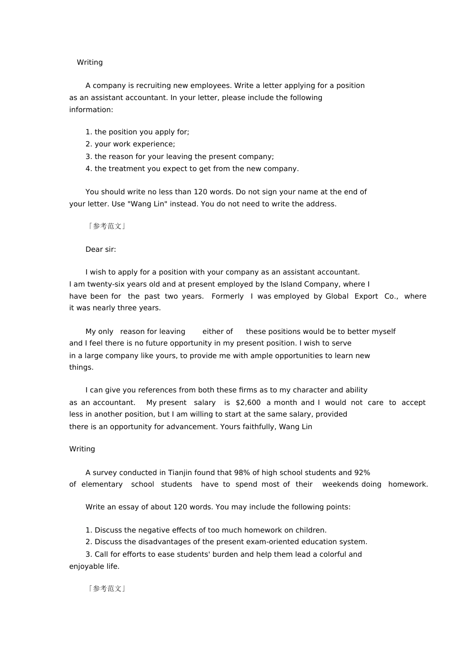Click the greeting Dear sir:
point(100,249)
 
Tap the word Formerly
point(228,296)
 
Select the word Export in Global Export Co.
point(366,296)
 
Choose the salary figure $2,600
point(248,403)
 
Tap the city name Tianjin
point(182,473)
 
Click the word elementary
point(102,484)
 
